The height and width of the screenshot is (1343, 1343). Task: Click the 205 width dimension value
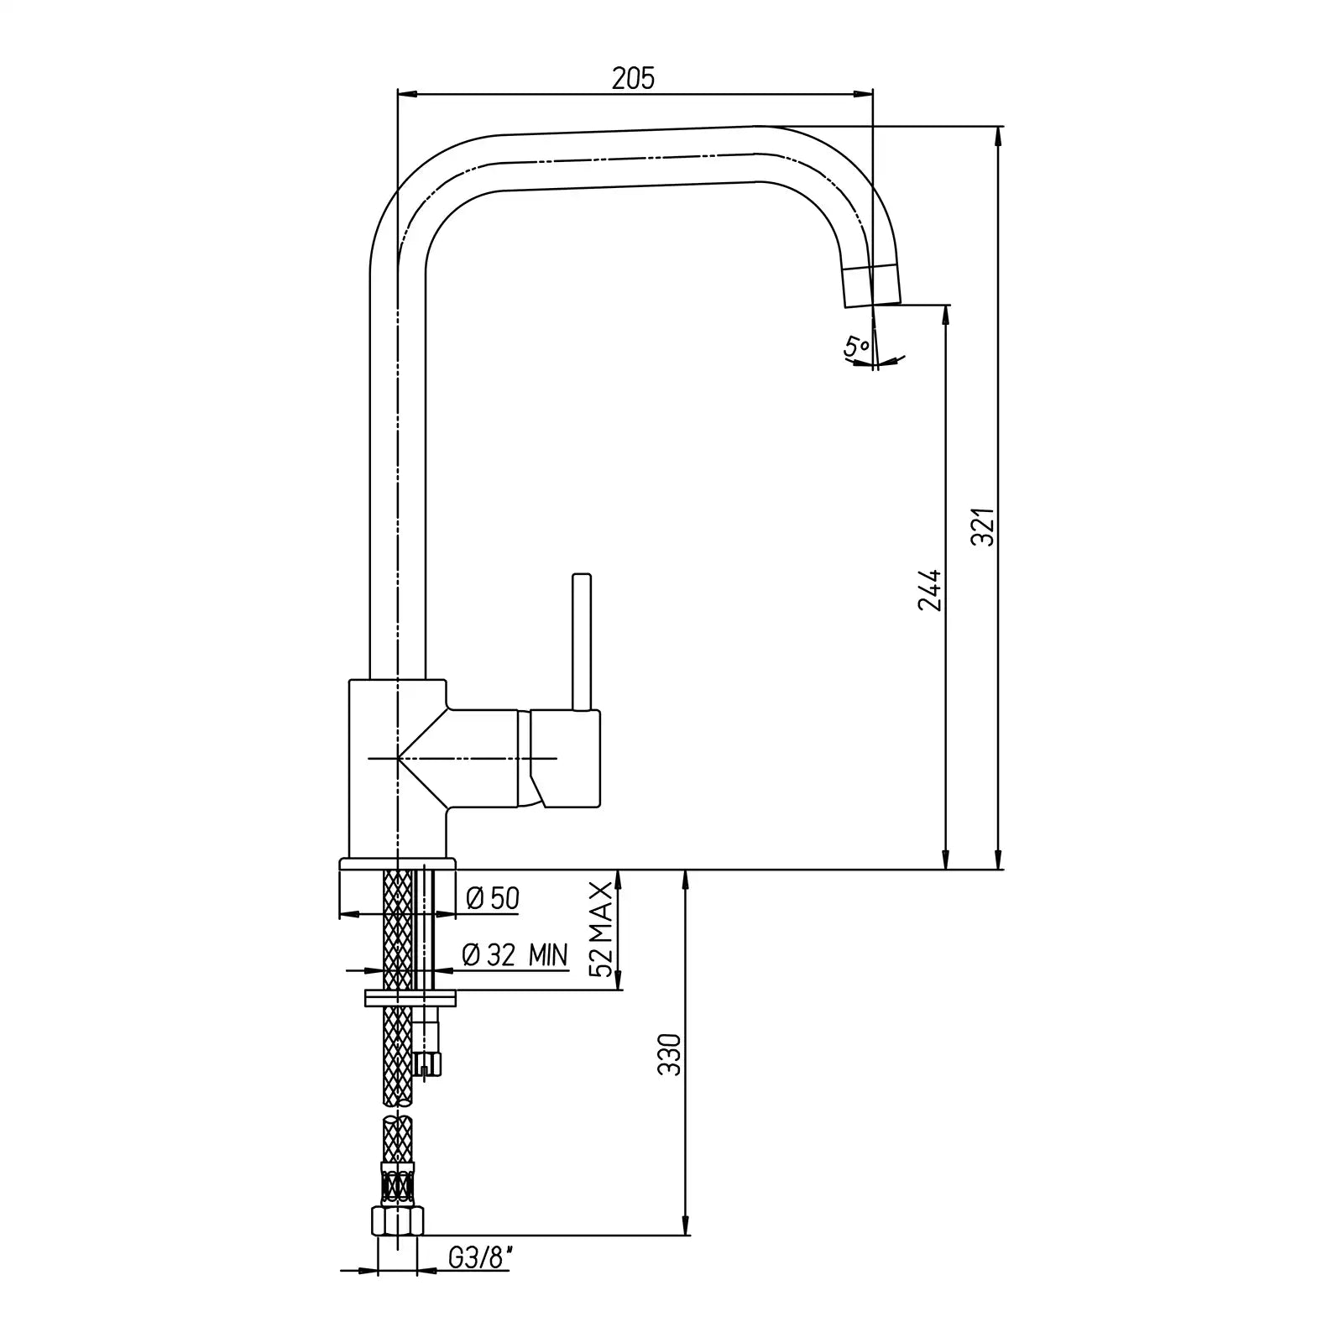(x=633, y=78)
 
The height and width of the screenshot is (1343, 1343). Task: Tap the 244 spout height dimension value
(x=930, y=590)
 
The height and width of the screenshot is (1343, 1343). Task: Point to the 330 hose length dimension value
(x=671, y=1055)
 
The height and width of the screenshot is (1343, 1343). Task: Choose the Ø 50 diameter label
(x=492, y=899)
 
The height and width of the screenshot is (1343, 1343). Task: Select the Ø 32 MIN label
(x=515, y=954)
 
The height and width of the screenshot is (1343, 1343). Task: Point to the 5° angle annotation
(x=857, y=345)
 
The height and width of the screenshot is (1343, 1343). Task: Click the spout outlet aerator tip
(x=871, y=286)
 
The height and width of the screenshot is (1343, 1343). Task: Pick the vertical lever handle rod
(x=582, y=641)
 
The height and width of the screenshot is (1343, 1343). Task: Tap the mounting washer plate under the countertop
(x=410, y=998)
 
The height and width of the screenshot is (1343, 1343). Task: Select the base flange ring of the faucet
(x=397, y=864)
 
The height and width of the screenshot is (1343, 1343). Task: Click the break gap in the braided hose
(x=398, y=1110)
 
